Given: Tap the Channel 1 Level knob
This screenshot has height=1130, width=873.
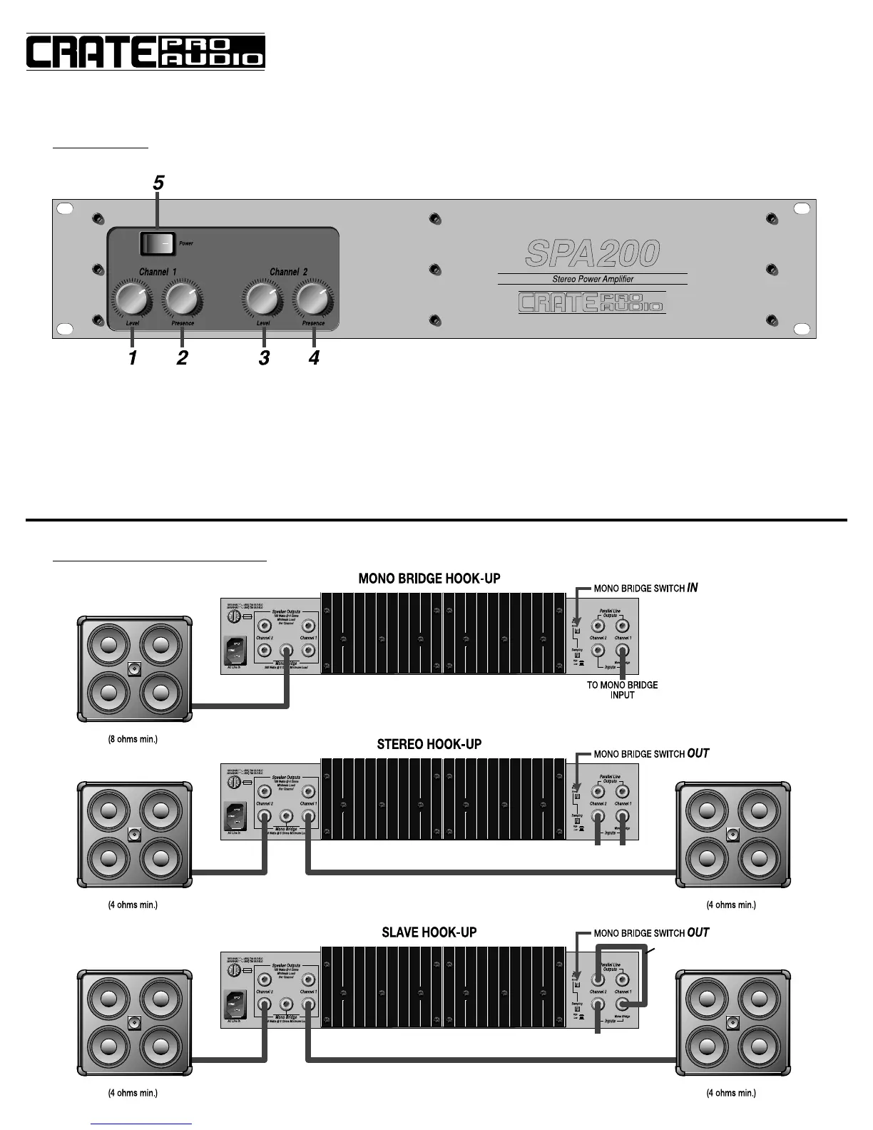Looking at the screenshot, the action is [x=131, y=300].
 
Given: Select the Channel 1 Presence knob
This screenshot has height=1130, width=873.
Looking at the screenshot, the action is [x=182, y=300].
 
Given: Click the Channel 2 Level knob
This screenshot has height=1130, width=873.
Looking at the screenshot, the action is [x=262, y=300].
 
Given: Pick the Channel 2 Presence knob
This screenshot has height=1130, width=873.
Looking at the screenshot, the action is [x=313, y=300].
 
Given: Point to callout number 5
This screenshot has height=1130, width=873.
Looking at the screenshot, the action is [x=158, y=183].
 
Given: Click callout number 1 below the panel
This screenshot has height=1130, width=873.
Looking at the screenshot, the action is [x=133, y=358].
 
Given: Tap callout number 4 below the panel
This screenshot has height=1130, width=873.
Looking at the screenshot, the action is [x=314, y=358].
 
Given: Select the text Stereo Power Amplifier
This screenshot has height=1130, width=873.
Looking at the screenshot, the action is [x=593, y=279].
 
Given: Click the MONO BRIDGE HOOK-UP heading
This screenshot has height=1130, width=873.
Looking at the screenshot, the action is [x=429, y=579].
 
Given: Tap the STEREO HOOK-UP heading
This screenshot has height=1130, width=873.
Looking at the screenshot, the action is [x=429, y=744].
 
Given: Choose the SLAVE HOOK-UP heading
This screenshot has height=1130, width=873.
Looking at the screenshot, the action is [x=429, y=932].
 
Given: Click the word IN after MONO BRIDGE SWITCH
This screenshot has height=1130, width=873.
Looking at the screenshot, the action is [x=692, y=588].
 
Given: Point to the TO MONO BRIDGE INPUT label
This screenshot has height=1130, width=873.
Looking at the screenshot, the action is [x=622, y=690].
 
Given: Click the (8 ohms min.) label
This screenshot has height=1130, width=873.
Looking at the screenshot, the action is [x=133, y=739].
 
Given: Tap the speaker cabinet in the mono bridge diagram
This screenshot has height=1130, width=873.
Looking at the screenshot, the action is [x=134, y=668].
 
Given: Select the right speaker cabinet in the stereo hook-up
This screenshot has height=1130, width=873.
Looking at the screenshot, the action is [x=732, y=835].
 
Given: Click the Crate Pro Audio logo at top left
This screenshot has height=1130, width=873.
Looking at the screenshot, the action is [x=145, y=51].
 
